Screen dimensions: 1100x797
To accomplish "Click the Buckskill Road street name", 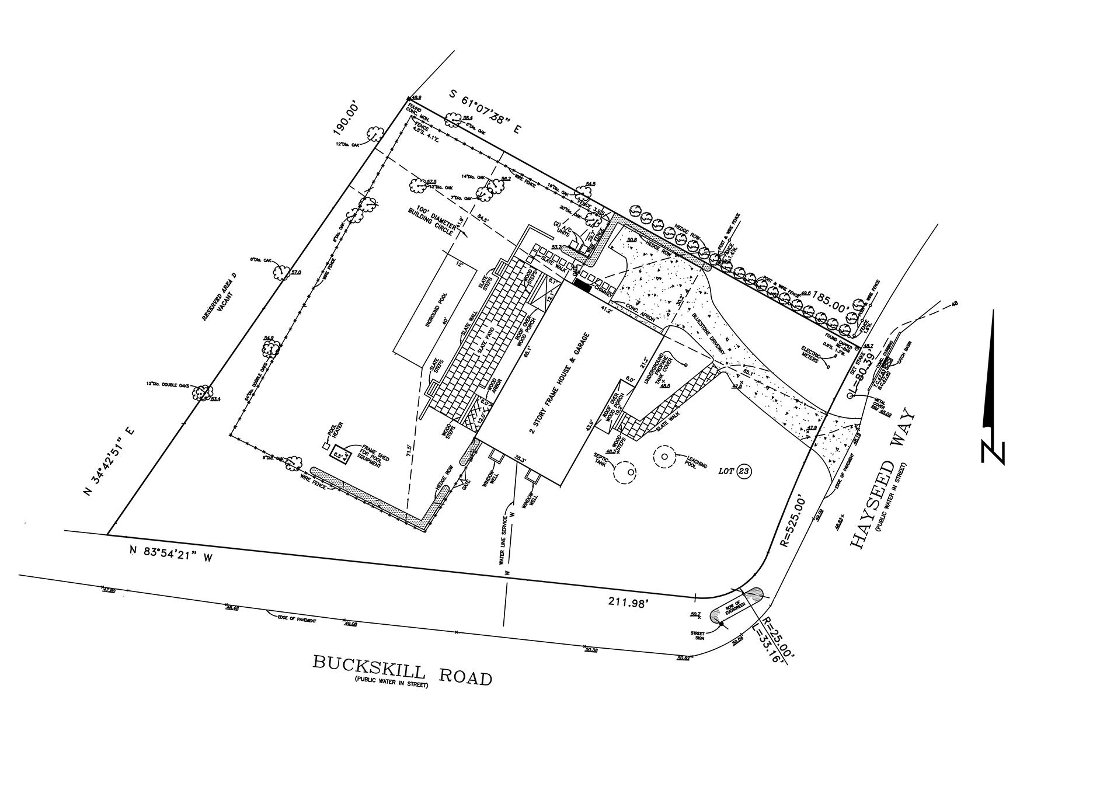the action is tap(402, 670).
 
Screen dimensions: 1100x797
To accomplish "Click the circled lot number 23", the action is tap(743, 471).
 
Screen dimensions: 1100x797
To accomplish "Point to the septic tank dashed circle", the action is tap(624, 472).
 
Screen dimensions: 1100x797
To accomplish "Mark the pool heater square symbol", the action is tap(326, 446).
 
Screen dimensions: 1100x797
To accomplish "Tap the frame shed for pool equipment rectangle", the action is tap(340, 453).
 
